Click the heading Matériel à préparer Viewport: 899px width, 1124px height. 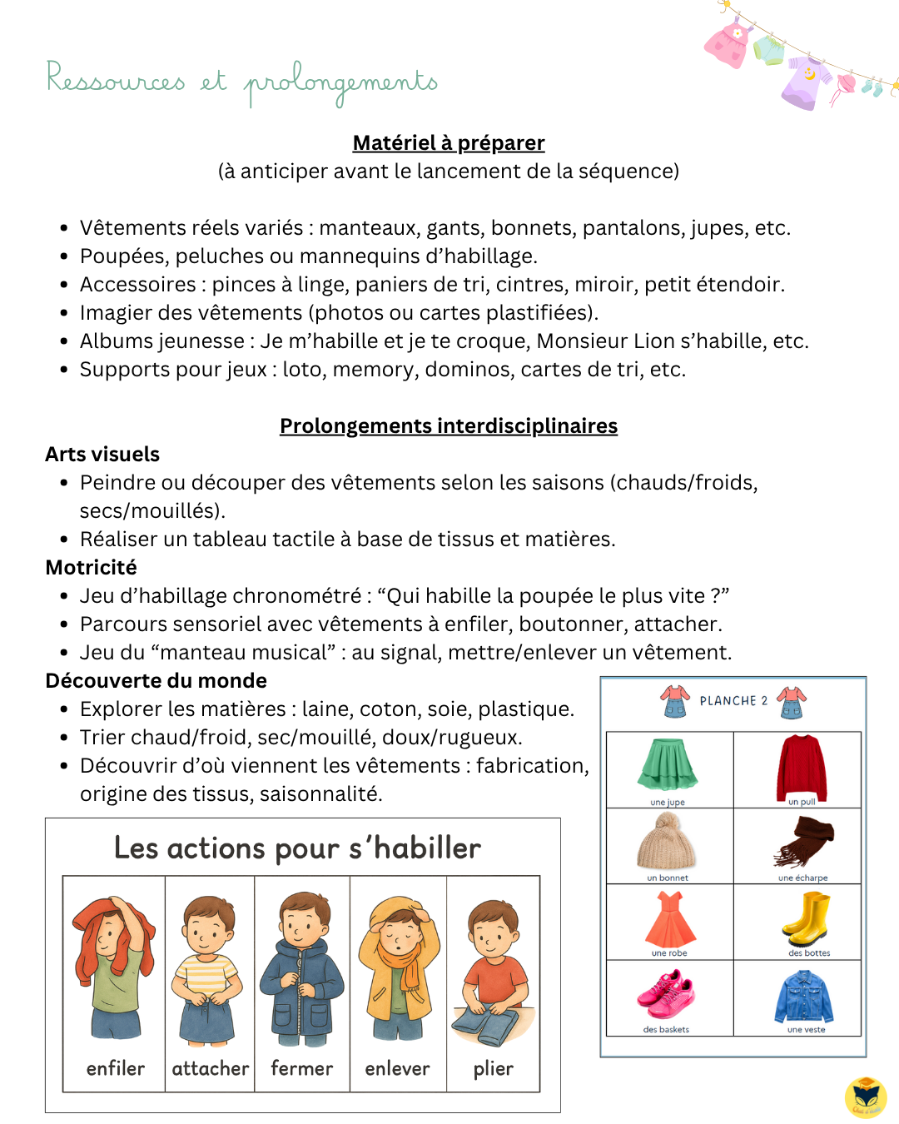[449, 143]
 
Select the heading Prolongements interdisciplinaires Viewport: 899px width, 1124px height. [449, 426]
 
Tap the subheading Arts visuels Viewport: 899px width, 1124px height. [102, 455]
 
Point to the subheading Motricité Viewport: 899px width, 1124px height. [92, 568]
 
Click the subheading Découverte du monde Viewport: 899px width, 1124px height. [156, 681]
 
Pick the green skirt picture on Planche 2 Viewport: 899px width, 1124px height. [668, 764]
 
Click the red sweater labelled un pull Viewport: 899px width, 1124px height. [801, 767]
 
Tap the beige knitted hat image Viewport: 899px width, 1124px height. [666, 841]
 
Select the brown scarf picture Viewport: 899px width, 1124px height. [804, 841]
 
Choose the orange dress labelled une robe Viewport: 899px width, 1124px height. [670, 919]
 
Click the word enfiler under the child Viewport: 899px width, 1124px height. [116, 1069]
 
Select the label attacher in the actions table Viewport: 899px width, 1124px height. [210, 1069]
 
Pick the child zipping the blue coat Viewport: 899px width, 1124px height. [301, 970]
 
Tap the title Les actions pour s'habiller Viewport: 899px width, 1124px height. [297, 848]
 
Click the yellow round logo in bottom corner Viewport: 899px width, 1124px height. [866, 1097]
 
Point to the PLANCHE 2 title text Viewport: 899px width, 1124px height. [733, 701]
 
